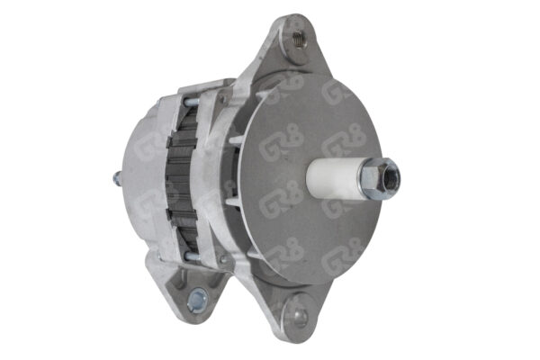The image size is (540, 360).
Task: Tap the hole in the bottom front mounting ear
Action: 297,317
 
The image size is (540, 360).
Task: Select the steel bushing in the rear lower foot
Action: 196,300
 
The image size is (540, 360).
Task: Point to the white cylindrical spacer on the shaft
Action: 336,176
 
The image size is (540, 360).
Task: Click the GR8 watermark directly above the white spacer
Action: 343,142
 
